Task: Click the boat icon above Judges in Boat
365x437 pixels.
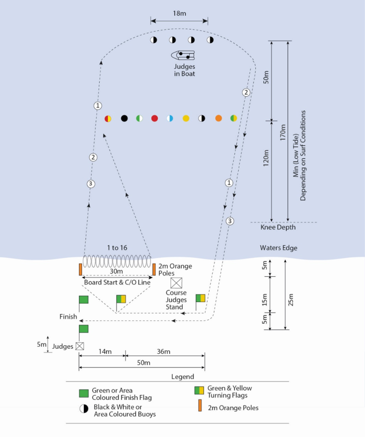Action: click(183, 55)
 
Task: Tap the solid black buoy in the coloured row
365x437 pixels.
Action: click(124, 118)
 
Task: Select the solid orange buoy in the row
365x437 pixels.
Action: click(219, 118)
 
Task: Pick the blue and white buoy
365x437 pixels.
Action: click(170, 118)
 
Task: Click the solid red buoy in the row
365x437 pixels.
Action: click(154, 118)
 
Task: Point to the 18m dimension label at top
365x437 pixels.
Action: click(179, 14)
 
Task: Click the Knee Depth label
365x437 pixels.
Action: click(278, 227)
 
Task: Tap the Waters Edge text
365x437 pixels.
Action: click(278, 248)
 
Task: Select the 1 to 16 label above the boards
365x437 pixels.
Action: click(117, 248)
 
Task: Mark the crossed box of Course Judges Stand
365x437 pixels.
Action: click(176, 283)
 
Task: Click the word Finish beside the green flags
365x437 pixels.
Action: click(68, 316)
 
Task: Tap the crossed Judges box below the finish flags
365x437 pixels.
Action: click(79, 346)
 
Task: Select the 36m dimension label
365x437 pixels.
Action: click(163, 352)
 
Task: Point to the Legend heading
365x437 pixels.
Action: click(182, 377)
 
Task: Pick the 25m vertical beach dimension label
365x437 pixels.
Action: click(291, 300)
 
